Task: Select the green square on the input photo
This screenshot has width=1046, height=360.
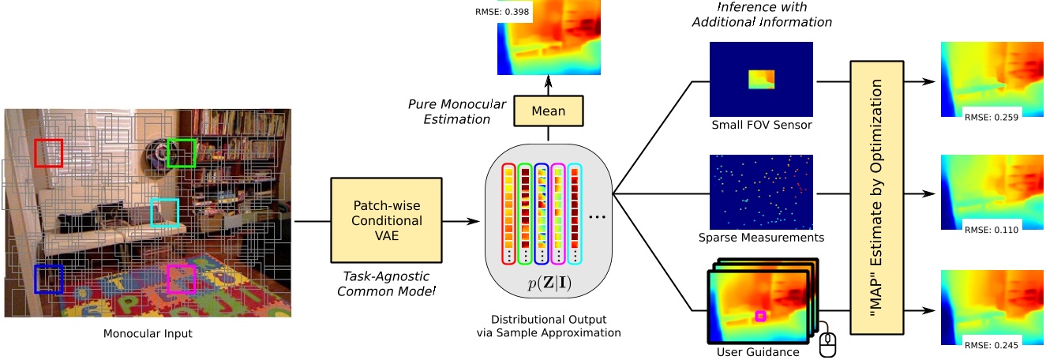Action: [181, 152]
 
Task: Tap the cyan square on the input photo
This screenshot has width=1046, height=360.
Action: [165, 212]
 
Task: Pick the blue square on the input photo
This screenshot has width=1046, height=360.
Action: [48, 279]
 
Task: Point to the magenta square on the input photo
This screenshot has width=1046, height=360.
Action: [181, 279]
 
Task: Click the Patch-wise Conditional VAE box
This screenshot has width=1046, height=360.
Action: [386, 221]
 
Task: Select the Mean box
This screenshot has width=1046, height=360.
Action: [548, 111]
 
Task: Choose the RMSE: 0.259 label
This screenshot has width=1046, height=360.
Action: [992, 116]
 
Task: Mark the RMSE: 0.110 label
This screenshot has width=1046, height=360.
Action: [992, 230]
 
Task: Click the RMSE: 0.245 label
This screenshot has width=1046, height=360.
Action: [992, 343]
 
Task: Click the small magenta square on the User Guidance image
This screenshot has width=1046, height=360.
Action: [760, 316]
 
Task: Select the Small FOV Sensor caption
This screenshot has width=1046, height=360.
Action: [761, 124]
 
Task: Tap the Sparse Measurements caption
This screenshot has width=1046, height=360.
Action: [761, 237]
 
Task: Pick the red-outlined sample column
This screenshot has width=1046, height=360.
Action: [508, 214]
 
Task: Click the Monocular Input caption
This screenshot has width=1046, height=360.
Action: [148, 334]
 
